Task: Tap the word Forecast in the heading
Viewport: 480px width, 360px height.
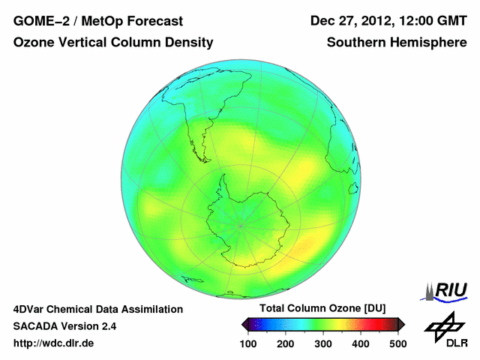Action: (166, 20)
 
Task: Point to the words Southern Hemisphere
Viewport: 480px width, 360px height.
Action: (397, 43)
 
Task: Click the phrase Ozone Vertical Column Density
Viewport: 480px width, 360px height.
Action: (113, 43)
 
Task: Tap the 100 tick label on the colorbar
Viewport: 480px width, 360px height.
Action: (248, 343)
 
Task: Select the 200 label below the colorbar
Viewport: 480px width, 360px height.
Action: (285, 343)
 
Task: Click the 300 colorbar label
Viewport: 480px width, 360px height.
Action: (322, 343)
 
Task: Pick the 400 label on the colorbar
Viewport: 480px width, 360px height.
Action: (360, 343)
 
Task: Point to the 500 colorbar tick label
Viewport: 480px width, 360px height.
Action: (397, 343)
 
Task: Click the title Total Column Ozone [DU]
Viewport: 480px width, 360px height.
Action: (322, 308)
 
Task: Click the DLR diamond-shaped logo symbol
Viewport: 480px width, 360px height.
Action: (441, 324)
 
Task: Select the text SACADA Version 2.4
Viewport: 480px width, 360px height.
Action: (64, 326)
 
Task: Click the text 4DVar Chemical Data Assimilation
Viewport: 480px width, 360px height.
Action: (98, 309)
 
